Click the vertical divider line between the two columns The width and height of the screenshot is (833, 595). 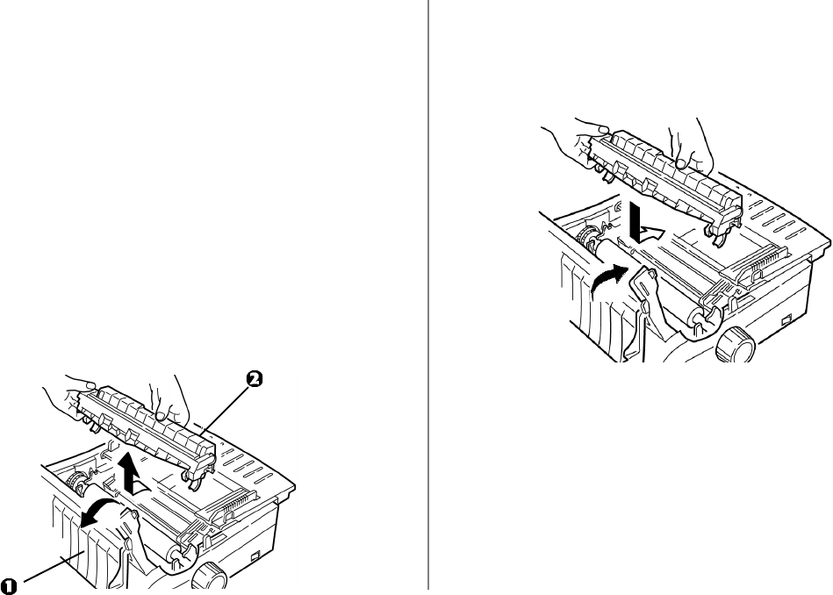(x=427, y=297)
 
